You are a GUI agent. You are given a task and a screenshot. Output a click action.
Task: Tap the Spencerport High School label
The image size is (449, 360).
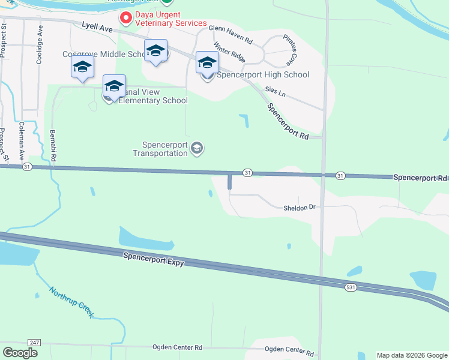tap(263, 75)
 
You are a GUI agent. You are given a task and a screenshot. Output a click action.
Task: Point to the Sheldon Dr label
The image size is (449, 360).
tap(299, 208)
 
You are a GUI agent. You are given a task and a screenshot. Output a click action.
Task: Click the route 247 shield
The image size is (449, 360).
tap(34, 342)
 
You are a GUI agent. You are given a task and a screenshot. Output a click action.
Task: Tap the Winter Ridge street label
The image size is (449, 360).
tap(229, 52)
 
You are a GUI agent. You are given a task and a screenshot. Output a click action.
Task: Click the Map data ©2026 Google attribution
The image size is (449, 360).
tap(411, 355)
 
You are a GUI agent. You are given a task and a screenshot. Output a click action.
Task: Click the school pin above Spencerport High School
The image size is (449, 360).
tap(207, 63)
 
